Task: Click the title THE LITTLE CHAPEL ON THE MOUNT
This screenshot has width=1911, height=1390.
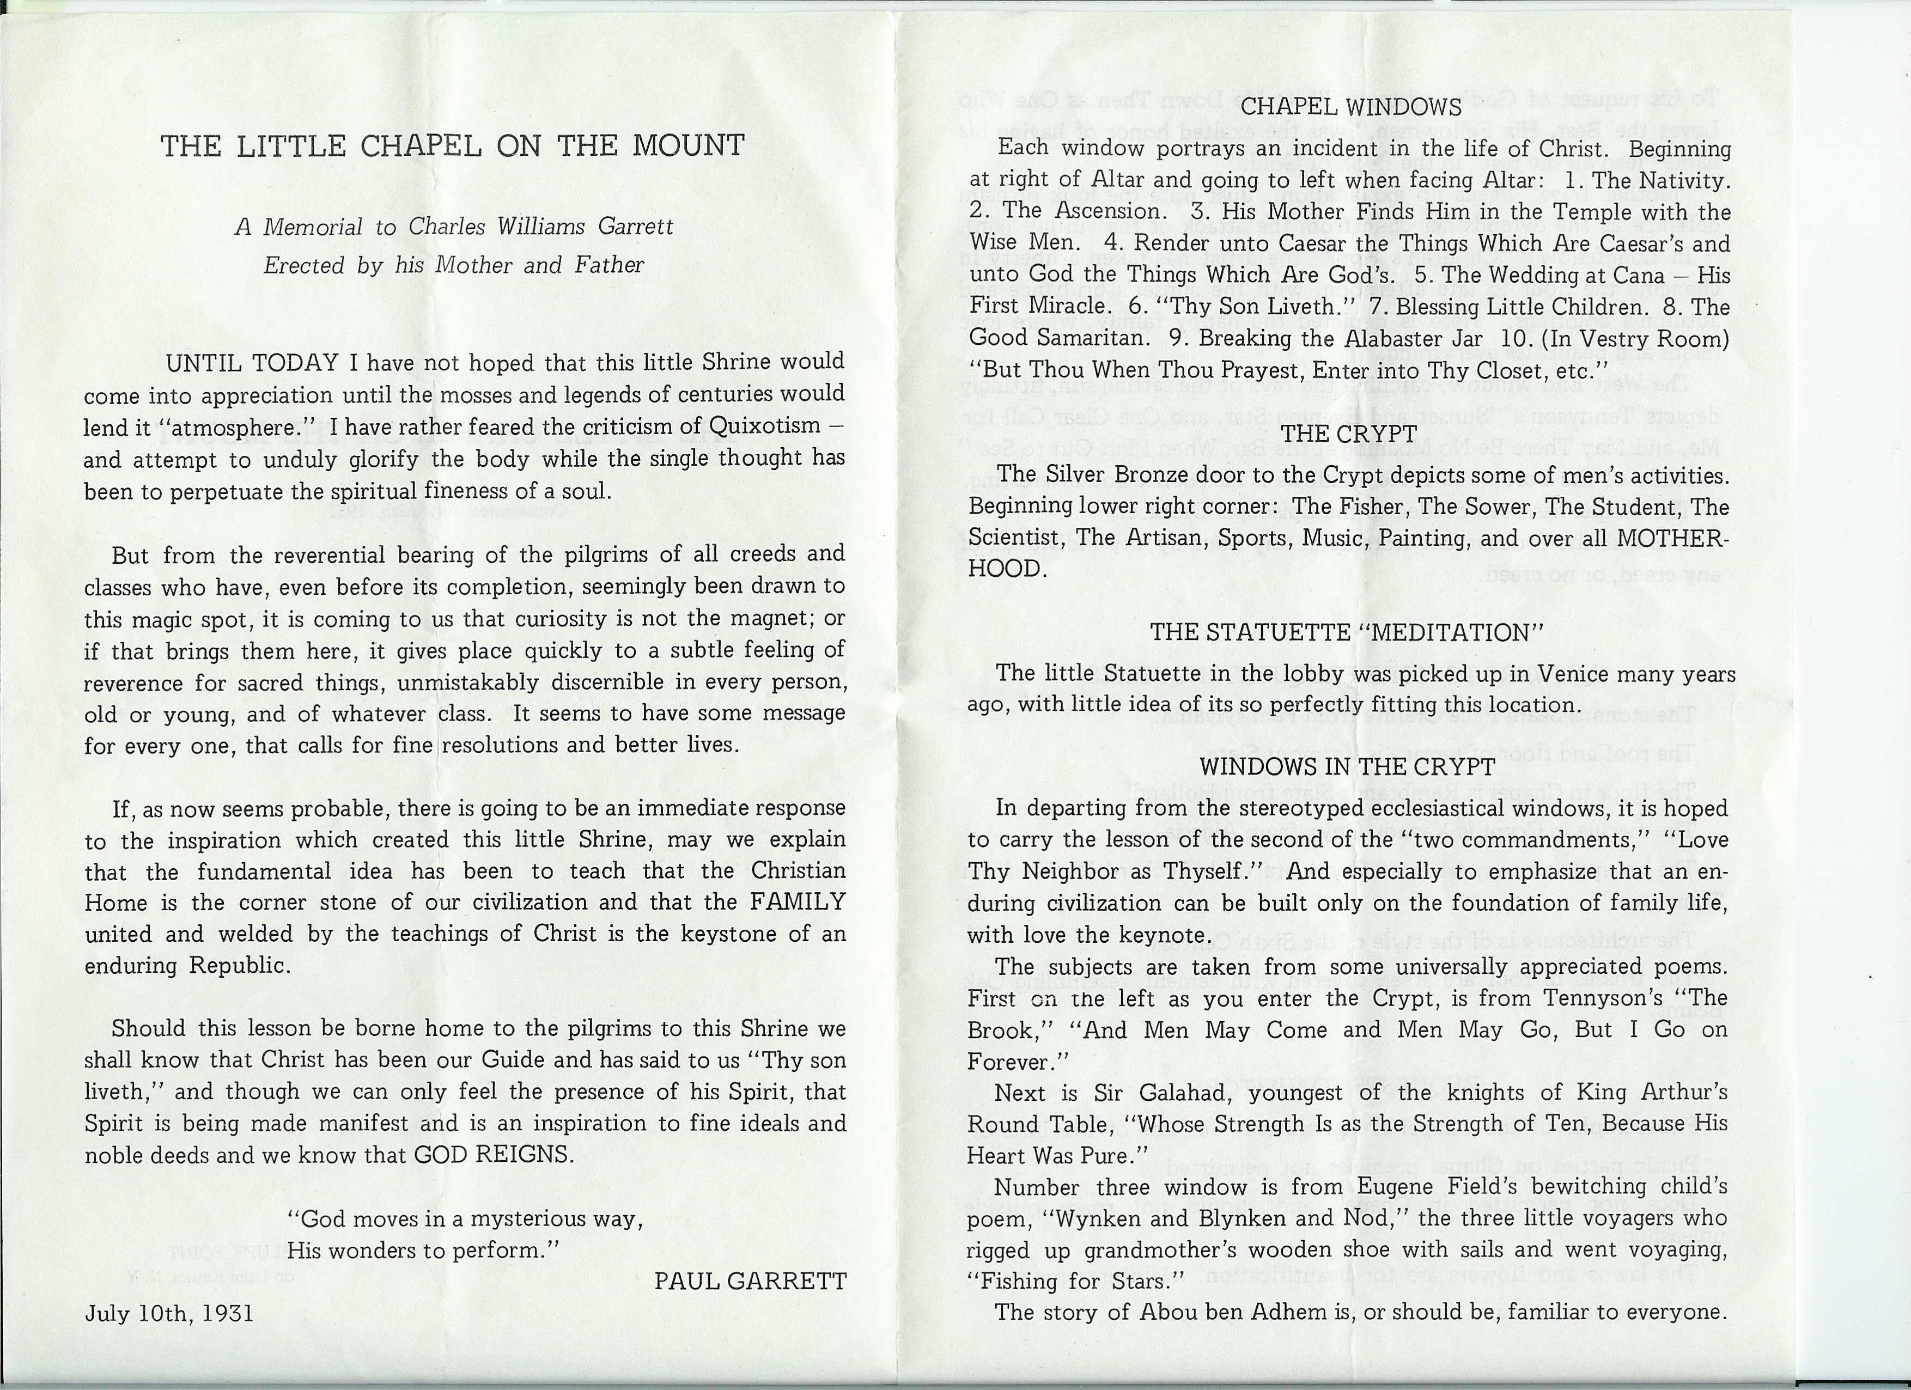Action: (453, 147)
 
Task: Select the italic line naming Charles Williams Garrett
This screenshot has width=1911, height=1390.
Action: (454, 228)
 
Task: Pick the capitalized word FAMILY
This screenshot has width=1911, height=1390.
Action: (797, 902)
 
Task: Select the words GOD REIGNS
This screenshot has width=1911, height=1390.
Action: (494, 1155)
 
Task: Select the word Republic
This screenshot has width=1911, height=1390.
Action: (240, 965)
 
